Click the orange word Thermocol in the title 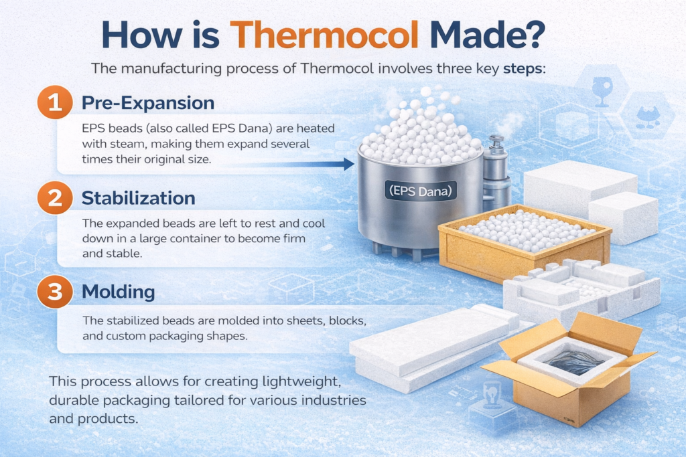pyautogui.click(x=324, y=35)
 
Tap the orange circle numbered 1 pyautogui.click(x=55, y=102)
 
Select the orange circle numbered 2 pyautogui.click(x=55, y=198)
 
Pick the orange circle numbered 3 pyautogui.click(x=55, y=292)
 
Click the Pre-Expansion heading pyautogui.click(x=148, y=103)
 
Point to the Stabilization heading pyautogui.click(x=138, y=198)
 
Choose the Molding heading pyautogui.click(x=118, y=292)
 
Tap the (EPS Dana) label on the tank pyautogui.click(x=421, y=191)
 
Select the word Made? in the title pyautogui.click(x=488, y=35)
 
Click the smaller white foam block pyautogui.click(x=624, y=217)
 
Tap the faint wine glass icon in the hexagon pyautogui.click(x=602, y=91)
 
